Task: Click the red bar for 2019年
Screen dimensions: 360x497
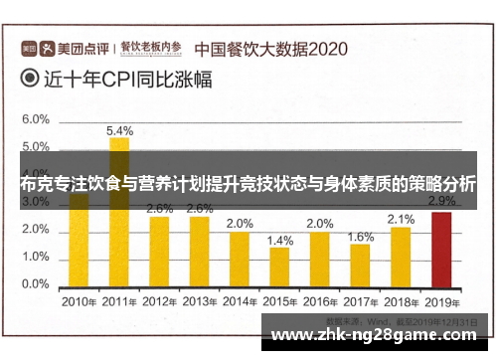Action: [439, 248]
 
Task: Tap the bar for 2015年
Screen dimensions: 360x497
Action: [279, 266]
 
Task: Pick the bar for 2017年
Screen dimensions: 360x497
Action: [360, 264]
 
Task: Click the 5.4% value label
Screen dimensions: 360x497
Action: [119, 130]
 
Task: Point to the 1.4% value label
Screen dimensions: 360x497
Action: [280, 241]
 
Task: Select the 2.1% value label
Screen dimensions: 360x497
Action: [401, 219]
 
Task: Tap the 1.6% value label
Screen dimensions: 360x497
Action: [361, 237]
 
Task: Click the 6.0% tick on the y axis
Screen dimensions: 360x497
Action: [36, 118]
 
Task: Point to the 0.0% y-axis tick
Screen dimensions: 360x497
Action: [36, 283]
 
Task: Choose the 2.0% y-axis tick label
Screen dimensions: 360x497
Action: [36, 229]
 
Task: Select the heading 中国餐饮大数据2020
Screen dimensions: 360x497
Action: [269, 47]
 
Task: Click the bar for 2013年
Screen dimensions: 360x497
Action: [200, 250]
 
